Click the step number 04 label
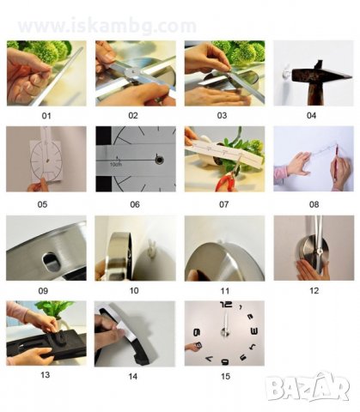point(311,116)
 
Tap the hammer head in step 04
point(320,74)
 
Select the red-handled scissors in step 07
point(227,178)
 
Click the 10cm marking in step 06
point(116,165)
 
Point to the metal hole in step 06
point(159,160)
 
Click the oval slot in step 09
point(52,262)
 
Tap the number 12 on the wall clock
point(226,305)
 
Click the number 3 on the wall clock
point(254,331)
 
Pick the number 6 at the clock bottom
point(225,362)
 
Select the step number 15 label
point(225,376)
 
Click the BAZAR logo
point(308,387)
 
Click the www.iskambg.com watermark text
point(107,26)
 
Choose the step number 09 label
point(43,291)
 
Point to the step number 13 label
point(46,375)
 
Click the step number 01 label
point(46,116)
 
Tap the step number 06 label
point(135,204)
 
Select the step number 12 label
point(314,291)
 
